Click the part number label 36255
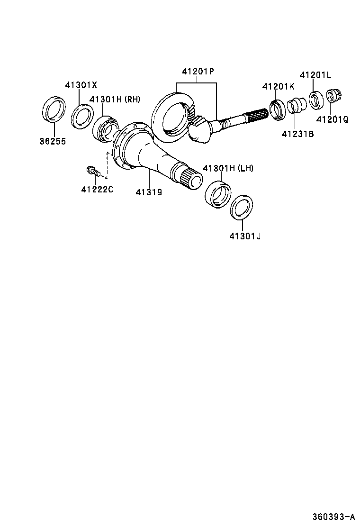point(53,142)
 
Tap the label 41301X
point(81,85)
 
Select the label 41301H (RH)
point(115,100)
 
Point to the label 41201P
point(198,72)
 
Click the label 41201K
point(278,86)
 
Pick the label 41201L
point(315,75)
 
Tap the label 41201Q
point(332,120)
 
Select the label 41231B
point(297,134)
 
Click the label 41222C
point(97,190)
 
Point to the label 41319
point(149,192)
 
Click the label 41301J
point(245,235)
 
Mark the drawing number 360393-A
point(333,516)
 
